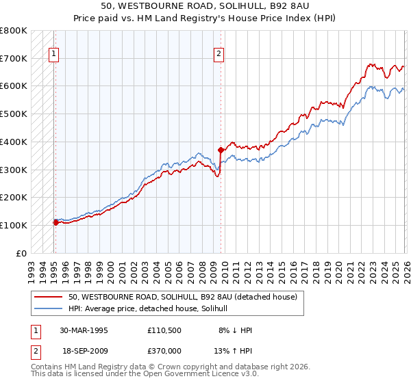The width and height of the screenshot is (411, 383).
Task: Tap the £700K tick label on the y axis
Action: click(x=14, y=59)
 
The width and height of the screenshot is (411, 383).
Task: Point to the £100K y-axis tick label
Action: click(x=14, y=225)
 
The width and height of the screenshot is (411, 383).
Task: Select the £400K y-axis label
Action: click(x=14, y=142)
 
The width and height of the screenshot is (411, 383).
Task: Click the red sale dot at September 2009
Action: click(x=221, y=150)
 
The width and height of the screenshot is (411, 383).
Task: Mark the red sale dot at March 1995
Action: click(x=55, y=222)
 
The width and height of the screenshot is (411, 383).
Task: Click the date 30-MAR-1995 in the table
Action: click(x=84, y=330)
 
